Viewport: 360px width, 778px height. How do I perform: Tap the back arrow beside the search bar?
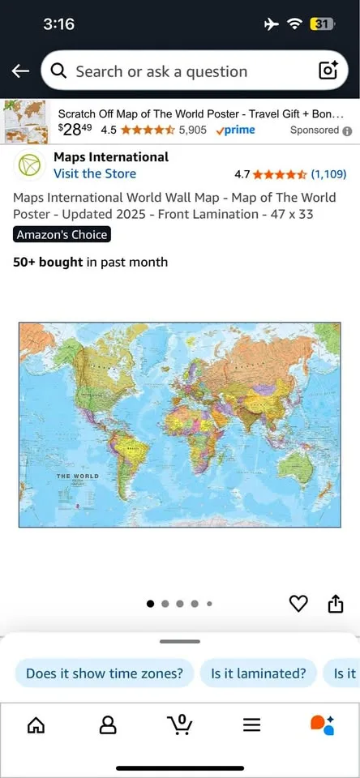click(x=20, y=71)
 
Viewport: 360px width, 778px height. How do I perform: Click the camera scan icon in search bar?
click(x=328, y=71)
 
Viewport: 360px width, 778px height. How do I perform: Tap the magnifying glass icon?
click(x=58, y=71)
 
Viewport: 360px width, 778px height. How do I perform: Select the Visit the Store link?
click(x=95, y=173)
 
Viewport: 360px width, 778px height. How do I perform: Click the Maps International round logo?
click(x=30, y=165)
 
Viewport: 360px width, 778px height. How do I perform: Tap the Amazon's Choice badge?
click(x=62, y=235)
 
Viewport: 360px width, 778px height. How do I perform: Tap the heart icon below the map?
click(x=299, y=604)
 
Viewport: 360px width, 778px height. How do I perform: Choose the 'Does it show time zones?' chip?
click(x=105, y=673)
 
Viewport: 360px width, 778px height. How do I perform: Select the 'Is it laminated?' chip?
click(x=259, y=673)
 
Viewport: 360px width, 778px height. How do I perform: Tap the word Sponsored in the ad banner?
click(x=315, y=130)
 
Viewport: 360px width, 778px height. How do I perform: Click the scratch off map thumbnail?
click(x=28, y=122)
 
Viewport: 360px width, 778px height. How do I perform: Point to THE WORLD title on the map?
click(x=77, y=476)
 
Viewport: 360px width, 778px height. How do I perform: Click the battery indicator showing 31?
click(x=321, y=24)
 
